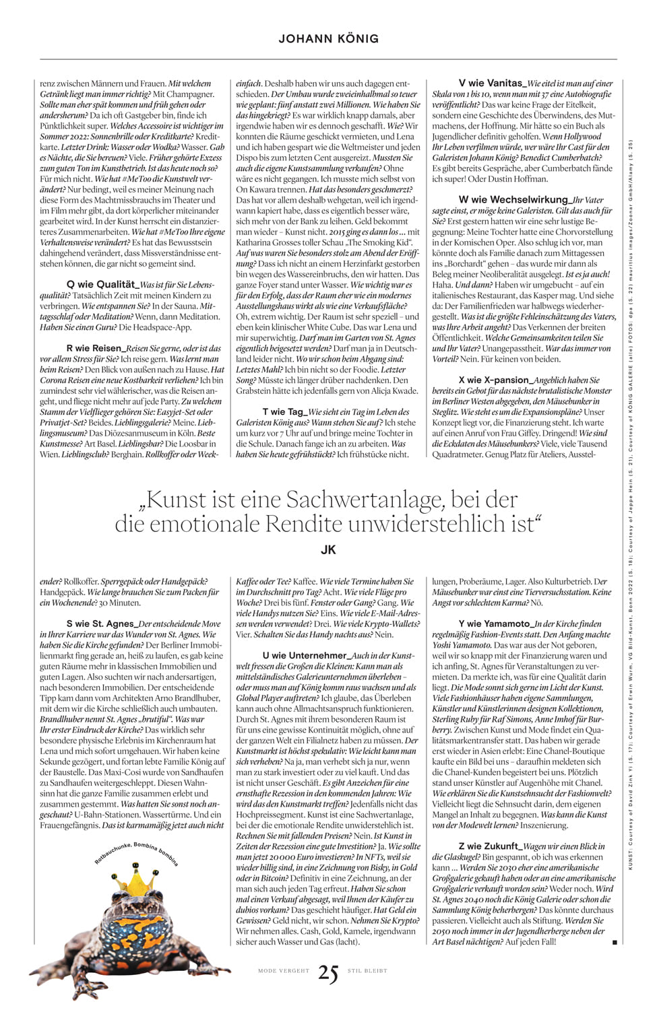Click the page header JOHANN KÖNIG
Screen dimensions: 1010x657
click(x=328, y=38)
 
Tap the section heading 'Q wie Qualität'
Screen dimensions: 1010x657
click(x=98, y=285)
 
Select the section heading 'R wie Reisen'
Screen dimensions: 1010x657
click(x=96, y=348)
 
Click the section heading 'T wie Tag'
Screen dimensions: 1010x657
click(x=284, y=411)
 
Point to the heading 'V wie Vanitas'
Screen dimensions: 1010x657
click(x=491, y=83)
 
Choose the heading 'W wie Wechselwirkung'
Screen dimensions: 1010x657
click(x=513, y=200)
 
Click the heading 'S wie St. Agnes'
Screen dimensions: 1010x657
click(x=101, y=624)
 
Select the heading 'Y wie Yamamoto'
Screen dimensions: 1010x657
click(x=495, y=624)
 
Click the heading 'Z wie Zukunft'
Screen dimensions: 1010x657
click(x=489, y=846)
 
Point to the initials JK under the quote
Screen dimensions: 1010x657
click(x=328, y=549)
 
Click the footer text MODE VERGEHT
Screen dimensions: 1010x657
click(x=284, y=971)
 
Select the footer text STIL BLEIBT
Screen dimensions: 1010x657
click(x=367, y=971)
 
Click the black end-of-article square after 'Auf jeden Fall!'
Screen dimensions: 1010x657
click(x=615, y=943)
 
